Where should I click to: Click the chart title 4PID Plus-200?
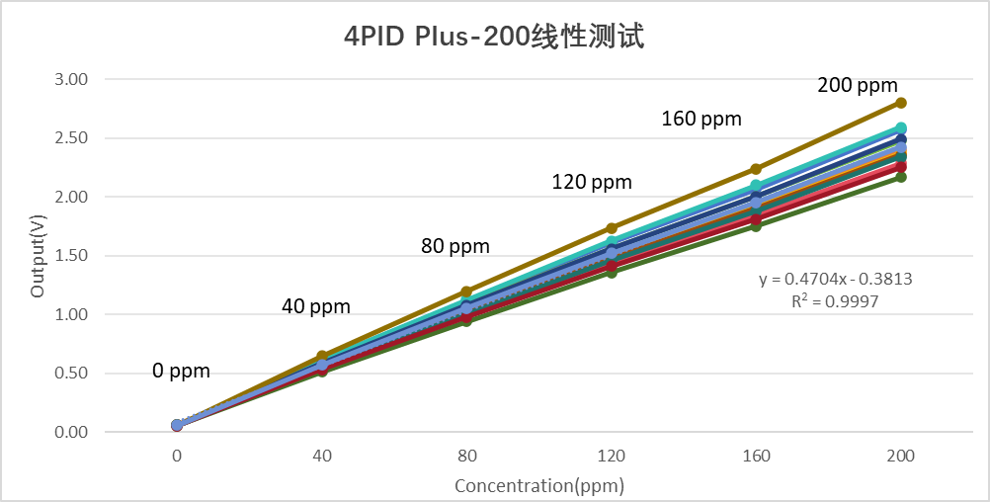(494, 38)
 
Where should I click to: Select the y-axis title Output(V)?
(38, 255)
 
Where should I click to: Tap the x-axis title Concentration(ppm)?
(539, 485)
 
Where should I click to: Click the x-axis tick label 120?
(612, 457)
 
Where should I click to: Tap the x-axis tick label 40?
(322, 457)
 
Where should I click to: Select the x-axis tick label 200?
(901, 457)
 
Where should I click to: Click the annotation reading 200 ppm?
(858, 85)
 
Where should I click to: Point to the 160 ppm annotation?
(701, 120)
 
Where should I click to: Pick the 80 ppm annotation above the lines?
(454, 246)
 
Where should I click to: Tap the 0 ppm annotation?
(181, 372)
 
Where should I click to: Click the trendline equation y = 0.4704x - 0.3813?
(835, 279)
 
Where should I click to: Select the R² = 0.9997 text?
(835, 300)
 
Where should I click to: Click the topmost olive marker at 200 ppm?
(901, 103)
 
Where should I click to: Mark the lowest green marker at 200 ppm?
(901, 177)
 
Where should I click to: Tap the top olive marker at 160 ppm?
(756, 169)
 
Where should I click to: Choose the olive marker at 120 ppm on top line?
(612, 228)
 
